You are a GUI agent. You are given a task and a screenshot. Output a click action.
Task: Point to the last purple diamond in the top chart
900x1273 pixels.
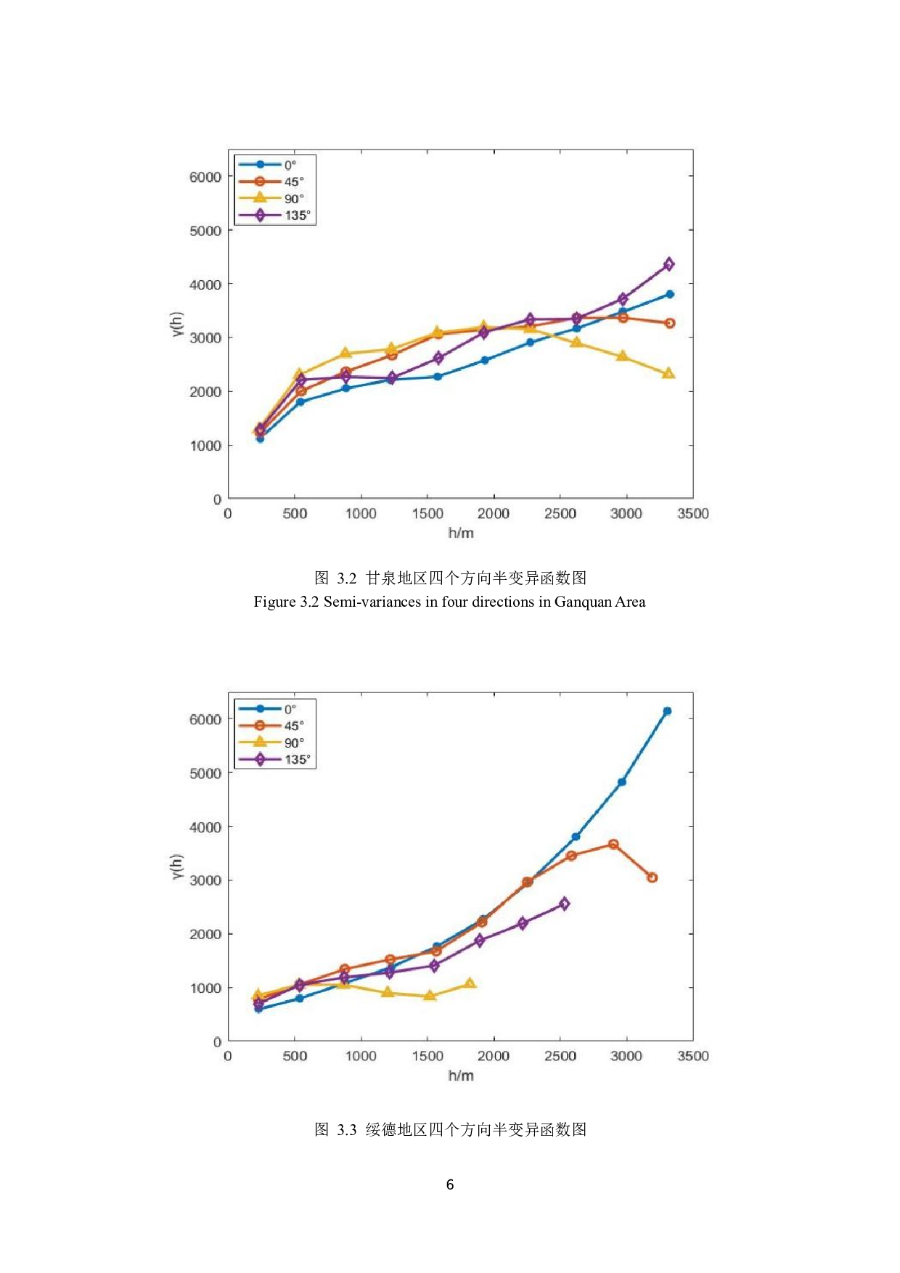pos(668,264)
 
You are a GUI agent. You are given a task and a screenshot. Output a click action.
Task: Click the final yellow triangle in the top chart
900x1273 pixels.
pos(668,374)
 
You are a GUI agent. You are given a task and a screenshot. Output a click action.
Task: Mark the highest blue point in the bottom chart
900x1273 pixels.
pos(667,711)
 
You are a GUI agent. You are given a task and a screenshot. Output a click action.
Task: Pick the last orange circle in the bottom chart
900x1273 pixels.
pos(652,877)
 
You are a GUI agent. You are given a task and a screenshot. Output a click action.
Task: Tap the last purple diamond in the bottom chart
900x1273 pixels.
pos(564,904)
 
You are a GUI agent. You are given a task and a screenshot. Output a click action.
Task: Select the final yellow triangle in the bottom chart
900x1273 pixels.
pos(470,983)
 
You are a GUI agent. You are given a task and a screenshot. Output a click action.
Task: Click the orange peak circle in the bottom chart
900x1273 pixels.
pos(613,844)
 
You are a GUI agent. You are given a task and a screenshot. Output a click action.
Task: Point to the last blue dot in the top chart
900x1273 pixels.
pos(670,294)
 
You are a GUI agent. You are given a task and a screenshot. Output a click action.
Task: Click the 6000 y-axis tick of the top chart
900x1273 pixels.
pos(205,176)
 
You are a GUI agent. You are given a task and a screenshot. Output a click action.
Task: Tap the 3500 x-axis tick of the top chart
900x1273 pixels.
pos(693,514)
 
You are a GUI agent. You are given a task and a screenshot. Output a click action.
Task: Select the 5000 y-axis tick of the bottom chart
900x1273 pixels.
pos(205,773)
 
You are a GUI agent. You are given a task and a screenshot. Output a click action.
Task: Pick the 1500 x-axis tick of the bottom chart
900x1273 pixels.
pos(427,1056)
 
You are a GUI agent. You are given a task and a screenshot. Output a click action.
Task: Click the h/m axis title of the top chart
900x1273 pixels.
pos(461,533)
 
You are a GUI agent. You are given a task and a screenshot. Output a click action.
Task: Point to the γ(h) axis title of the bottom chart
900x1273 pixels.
pos(177,867)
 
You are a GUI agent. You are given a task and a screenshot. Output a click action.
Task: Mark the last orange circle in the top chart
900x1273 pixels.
pos(670,323)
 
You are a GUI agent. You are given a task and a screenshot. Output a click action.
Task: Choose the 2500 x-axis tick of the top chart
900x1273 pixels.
pos(560,514)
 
